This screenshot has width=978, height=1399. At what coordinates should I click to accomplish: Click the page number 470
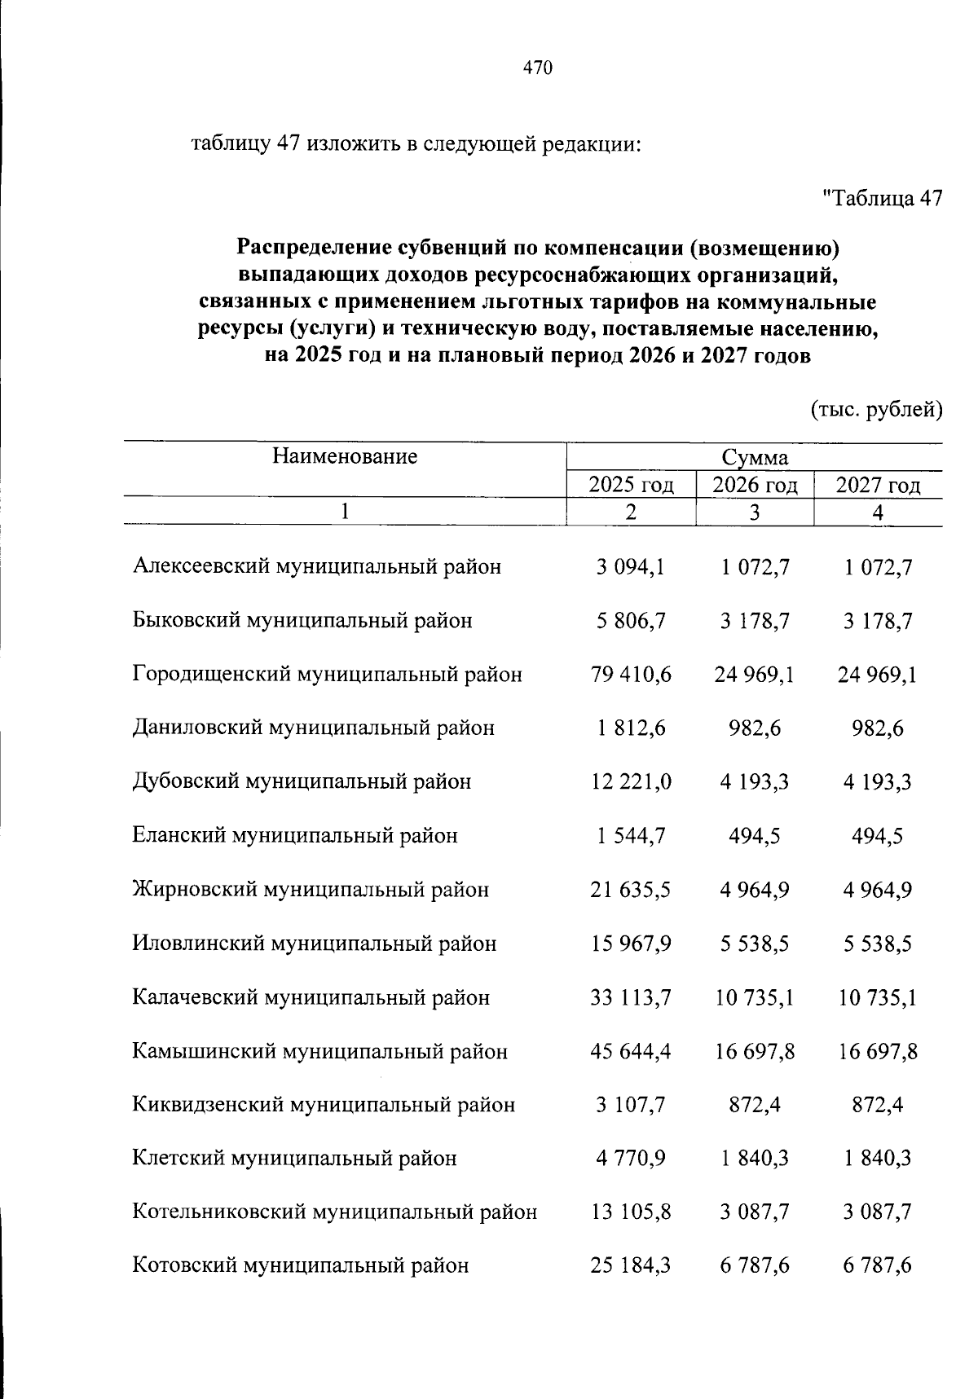[x=538, y=68]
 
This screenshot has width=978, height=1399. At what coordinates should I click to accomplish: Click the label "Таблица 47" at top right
[x=883, y=198]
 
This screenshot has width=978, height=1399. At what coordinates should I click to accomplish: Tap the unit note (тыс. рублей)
[x=876, y=409]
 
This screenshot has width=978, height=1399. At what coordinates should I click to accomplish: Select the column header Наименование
[x=345, y=456]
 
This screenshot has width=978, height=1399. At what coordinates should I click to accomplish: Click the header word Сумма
[x=754, y=458]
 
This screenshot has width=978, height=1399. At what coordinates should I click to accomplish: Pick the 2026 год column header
[x=755, y=486]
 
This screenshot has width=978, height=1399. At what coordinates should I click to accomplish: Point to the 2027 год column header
[x=878, y=486]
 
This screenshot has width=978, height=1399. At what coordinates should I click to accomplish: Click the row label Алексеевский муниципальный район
[x=317, y=566]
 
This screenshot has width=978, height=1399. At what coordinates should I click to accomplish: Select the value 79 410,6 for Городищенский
[x=631, y=675]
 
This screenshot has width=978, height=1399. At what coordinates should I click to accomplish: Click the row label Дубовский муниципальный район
[x=302, y=781]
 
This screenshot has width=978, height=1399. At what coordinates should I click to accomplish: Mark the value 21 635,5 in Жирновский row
[x=631, y=889]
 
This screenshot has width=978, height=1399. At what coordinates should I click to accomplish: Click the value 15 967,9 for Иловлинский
[x=631, y=944]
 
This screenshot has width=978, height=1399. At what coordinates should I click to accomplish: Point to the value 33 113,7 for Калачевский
[x=631, y=997]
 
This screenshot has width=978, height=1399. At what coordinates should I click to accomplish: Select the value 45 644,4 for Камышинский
[x=631, y=1051]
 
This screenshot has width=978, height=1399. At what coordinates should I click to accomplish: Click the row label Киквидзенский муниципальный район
[x=324, y=1105]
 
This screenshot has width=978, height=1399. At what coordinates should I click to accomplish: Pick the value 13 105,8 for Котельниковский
[x=631, y=1212]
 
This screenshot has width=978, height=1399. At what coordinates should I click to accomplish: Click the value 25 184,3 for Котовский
[x=631, y=1265]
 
